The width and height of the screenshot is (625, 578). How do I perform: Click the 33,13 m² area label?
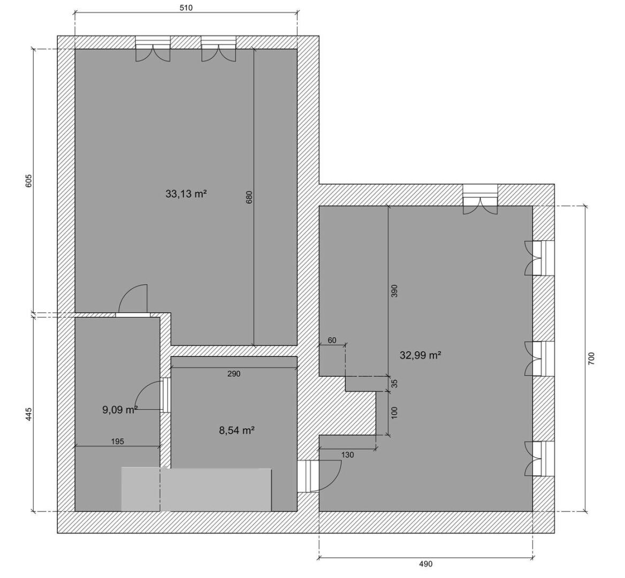[186, 194]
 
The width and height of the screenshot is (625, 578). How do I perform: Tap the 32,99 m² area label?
[420, 355]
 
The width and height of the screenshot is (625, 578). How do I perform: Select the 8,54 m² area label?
[237, 430]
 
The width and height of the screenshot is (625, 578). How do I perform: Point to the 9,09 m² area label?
[120, 409]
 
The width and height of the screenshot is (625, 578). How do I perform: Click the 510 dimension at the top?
[186, 7]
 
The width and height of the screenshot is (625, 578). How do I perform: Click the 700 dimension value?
[591, 359]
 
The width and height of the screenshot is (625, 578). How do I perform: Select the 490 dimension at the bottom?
[426, 564]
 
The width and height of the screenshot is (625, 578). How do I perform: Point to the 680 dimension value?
[249, 197]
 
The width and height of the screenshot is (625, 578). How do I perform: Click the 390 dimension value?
[394, 291]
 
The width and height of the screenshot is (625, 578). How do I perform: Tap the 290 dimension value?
[234, 374]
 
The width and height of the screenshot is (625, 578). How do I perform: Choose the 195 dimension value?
[118, 442]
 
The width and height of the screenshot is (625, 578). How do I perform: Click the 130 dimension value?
[348, 455]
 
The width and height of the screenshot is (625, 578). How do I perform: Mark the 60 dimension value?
[332, 340]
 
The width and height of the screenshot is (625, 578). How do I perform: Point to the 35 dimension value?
[394, 384]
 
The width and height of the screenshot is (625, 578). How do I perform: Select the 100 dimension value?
[394, 413]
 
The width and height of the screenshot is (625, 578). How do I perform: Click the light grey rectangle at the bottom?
[196, 490]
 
